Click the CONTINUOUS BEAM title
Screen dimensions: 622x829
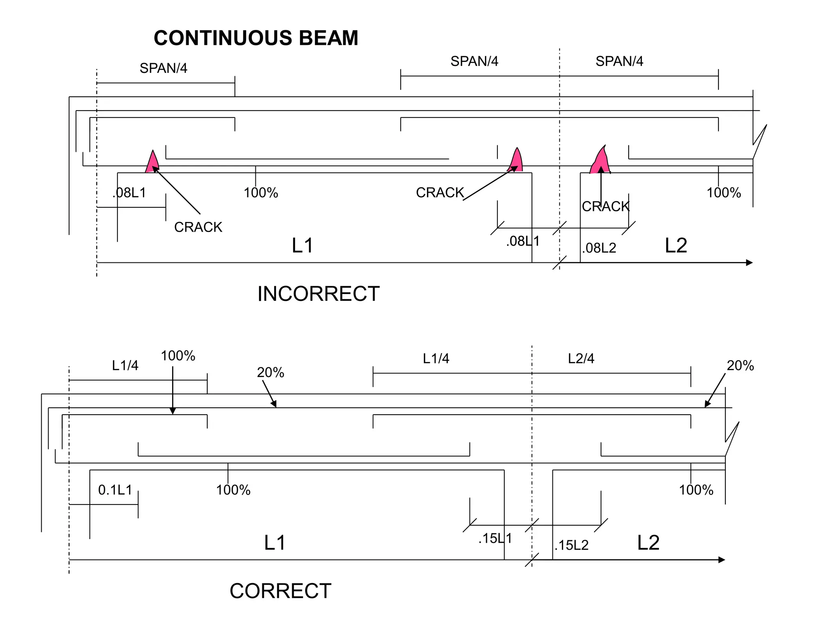click(x=256, y=38)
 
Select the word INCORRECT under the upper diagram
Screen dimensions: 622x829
click(x=319, y=294)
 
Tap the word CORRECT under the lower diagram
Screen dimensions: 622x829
click(x=281, y=591)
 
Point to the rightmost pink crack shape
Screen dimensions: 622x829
click(x=601, y=161)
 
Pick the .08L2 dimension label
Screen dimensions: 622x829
click(x=599, y=248)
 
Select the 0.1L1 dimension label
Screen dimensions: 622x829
click(x=115, y=490)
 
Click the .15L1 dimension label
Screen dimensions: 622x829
click(x=495, y=539)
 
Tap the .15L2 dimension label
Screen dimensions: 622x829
click(x=572, y=545)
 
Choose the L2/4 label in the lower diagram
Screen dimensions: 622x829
click(x=581, y=358)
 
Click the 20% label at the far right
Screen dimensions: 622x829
click(x=740, y=366)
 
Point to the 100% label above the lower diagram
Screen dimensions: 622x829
click(x=178, y=356)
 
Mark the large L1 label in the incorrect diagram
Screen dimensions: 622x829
click(x=302, y=246)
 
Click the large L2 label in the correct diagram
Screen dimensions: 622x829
click(x=648, y=543)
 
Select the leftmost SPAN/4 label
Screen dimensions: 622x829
click(x=164, y=68)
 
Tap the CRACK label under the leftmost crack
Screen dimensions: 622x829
click(x=198, y=227)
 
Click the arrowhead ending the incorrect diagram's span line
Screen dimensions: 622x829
click(x=749, y=263)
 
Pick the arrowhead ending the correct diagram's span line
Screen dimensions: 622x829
click(x=722, y=560)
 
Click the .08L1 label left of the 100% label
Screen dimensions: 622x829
click(x=129, y=193)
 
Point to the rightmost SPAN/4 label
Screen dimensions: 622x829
click(x=619, y=61)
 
